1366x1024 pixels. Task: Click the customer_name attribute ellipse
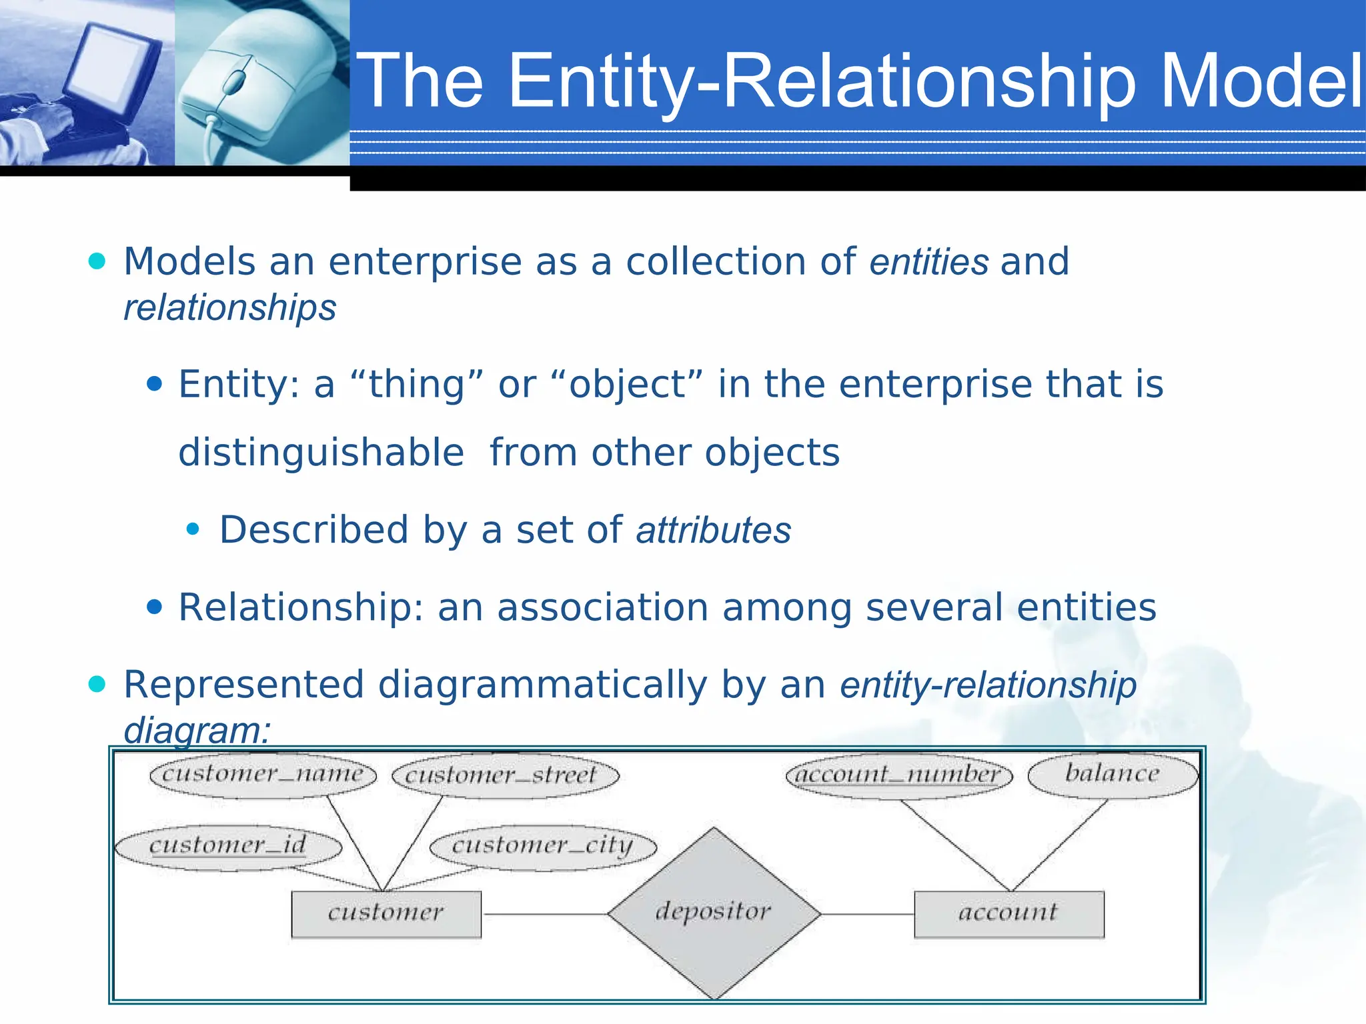point(263,775)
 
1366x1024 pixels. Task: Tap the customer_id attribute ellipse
point(228,846)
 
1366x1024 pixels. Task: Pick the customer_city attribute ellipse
point(543,847)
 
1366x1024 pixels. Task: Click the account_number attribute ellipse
point(899,775)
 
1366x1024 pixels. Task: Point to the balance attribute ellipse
point(1113,774)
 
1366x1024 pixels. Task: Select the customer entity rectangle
point(386,913)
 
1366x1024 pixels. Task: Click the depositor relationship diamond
point(714,913)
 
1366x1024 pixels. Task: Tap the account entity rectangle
point(1008,913)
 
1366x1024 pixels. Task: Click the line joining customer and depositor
point(544,914)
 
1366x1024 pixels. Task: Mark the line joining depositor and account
point(867,914)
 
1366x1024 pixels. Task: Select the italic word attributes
point(713,531)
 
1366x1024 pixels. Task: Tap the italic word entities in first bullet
point(928,261)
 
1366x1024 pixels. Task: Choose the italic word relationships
point(230,308)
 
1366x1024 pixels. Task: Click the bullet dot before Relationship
point(155,607)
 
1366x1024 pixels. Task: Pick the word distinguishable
point(321,453)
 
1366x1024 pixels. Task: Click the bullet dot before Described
point(193,530)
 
